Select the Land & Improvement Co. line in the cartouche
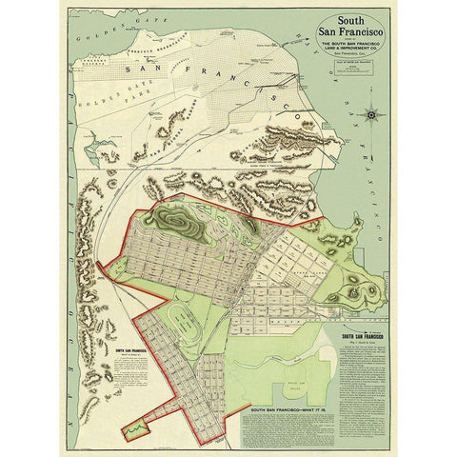tap(352, 49)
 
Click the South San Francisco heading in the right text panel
tap(367, 335)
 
